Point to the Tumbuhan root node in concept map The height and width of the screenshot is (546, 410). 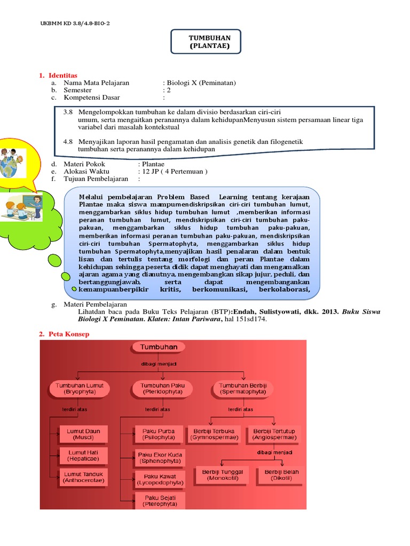pos(159,347)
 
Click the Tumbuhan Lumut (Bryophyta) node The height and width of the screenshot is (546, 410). pos(80,388)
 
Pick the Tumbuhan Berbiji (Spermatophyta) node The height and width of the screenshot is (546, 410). pos(243,388)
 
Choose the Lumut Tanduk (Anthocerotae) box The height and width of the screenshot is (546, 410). pos(84,476)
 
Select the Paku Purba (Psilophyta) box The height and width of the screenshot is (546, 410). pos(159,434)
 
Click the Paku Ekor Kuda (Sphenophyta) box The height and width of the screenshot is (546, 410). pos(160,457)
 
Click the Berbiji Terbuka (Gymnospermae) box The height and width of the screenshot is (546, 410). pos(215,434)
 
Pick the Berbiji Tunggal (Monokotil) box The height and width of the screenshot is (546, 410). pos(223,475)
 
